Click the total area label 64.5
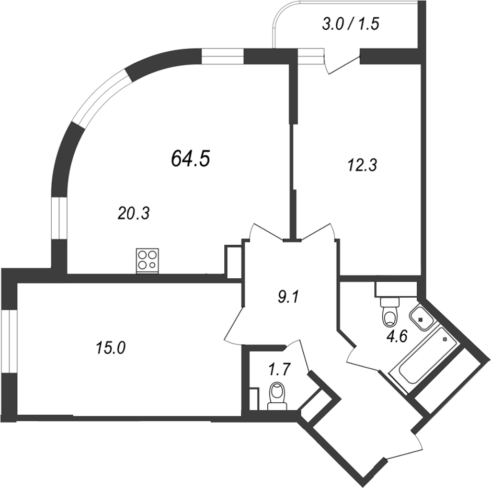click(x=190, y=158)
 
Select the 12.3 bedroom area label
click(x=362, y=165)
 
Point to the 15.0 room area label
click(x=110, y=347)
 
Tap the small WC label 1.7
click(x=279, y=371)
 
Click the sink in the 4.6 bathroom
click(x=421, y=316)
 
